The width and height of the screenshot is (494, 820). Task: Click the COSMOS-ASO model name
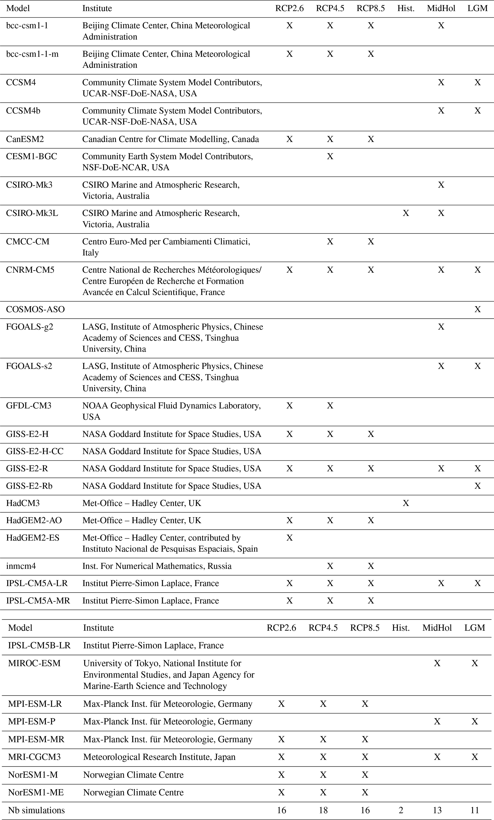[35, 310]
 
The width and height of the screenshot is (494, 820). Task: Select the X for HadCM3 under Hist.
[406, 503]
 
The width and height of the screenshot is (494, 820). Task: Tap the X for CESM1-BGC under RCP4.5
[330, 156]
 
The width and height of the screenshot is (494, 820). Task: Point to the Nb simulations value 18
[323, 810]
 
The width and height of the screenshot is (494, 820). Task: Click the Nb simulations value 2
[401, 810]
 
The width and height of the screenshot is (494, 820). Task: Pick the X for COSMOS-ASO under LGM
[477, 310]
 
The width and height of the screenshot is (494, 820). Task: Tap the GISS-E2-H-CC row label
[35, 451]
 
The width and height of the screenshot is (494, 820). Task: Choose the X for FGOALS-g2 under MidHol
[441, 327]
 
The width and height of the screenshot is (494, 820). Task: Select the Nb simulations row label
[37, 810]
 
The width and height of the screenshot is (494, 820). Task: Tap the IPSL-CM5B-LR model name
[39, 645]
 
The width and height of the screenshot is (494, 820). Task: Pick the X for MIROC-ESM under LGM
[474, 663]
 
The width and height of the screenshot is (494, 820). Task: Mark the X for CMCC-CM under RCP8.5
[371, 241]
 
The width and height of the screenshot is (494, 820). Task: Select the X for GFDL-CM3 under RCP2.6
[290, 406]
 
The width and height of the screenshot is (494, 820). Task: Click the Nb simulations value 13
[437, 810]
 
